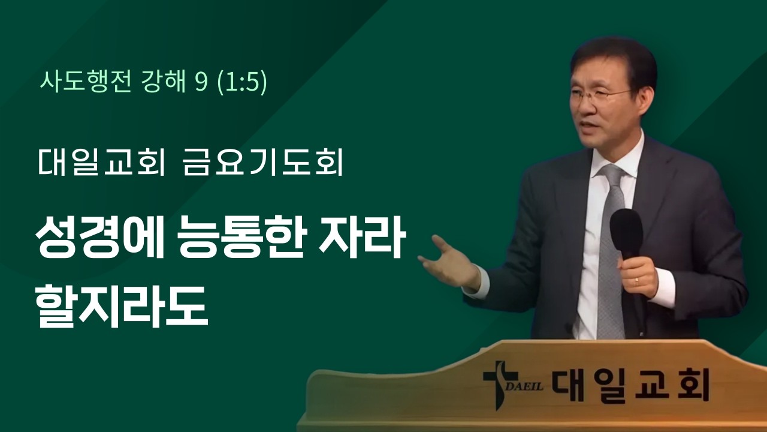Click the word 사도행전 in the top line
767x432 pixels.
point(83,82)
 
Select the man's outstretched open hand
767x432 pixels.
point(446,259)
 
